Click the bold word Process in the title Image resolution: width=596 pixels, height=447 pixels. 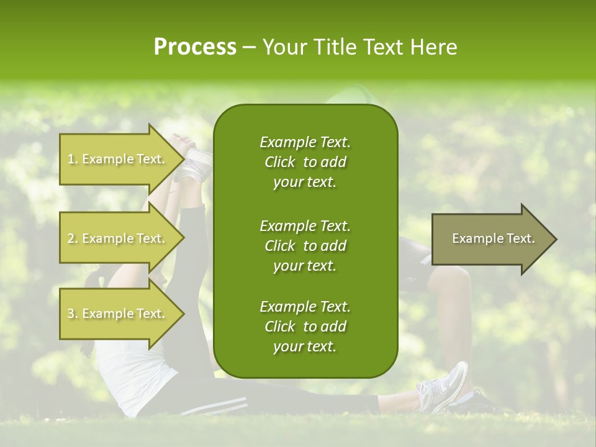(x=195, y=47)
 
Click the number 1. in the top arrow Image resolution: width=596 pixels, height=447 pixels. (x=73, y=160)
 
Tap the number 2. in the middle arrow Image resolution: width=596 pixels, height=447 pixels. (x=73, y=239)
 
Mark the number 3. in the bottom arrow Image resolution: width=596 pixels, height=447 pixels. (x=73, y=314)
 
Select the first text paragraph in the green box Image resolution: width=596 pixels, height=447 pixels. (x=305, y=162)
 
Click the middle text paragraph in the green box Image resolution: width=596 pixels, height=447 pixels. (x=305, y=245)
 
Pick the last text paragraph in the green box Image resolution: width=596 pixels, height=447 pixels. (x=305, y=327)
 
